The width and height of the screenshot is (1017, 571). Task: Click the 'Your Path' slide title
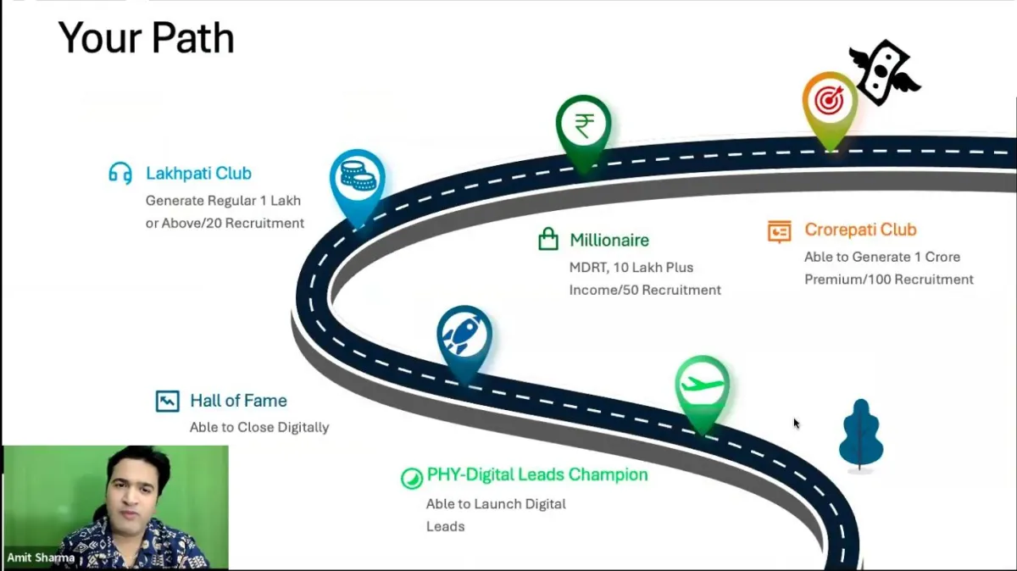[x=146, y=38]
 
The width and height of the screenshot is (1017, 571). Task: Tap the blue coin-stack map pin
[x=357, y=179]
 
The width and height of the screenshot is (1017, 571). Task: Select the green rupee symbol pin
[x=583, y=127]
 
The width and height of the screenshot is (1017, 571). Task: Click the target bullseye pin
[x=829, y=103]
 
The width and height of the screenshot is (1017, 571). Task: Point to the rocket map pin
[x=464, y=337]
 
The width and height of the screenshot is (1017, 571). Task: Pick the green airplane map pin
[x=703, y=386]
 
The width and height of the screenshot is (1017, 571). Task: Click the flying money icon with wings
[x=884, y=71]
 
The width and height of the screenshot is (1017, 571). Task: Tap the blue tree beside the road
[x=861, y=434]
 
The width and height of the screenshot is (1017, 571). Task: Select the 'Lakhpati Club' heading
[x=198, y=174]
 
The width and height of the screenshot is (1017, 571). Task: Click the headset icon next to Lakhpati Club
[x=120, y=174]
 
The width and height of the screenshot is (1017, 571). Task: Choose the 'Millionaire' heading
[x=609, y=241]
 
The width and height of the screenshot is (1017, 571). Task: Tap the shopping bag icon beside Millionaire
[x=548, y=240]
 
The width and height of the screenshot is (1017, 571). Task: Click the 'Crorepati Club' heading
[x=860, y=230]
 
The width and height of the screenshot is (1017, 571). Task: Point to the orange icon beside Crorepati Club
[x=779, y=230]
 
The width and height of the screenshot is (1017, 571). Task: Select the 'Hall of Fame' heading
[x=238, y=401]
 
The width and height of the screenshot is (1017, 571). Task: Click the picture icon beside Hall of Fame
[x=168, y=401]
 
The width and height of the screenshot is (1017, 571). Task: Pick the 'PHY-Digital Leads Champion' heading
[x=537, y=474]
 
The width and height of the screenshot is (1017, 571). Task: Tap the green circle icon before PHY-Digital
[x=411, y=478]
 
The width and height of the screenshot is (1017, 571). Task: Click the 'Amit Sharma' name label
[x=41, y=557]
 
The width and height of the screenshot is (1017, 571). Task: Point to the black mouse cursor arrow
[x=796, y=423]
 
